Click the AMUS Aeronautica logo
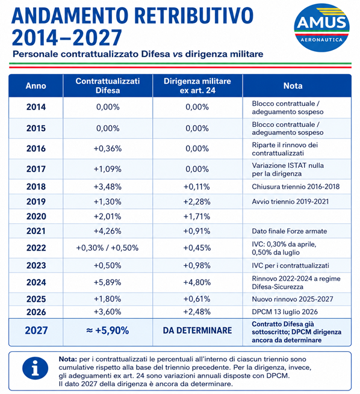321,28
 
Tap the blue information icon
35,368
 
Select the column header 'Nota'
293,85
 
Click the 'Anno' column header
36,85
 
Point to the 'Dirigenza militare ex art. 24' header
197,85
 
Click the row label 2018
36,186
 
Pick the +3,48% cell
108,186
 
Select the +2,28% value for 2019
197,202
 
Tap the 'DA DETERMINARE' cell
197,330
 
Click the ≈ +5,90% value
108,330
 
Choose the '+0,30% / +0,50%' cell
107,248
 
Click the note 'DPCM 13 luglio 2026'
285,312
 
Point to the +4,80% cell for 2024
197,283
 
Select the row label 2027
36,330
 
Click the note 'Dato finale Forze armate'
290,231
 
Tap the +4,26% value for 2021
108,231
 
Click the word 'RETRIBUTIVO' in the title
195,16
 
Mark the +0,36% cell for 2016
108,149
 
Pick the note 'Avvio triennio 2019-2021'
290,202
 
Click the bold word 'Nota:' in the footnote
68,359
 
